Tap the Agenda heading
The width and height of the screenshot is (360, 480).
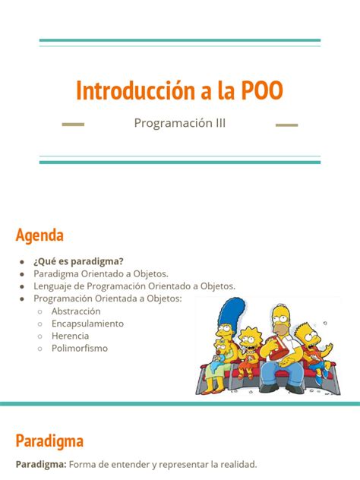coord(39,234)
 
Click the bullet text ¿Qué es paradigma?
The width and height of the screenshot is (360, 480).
coord(78,261)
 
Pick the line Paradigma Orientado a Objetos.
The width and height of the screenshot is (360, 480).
coord(100,273)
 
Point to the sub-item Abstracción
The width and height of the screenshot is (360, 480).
coord(76,311)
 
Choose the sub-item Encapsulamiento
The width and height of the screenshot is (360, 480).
coord(87,323)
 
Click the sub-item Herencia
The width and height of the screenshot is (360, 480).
coord(70,336)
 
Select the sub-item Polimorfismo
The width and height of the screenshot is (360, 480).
coord(80,348)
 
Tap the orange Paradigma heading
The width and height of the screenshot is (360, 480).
coord(49,441)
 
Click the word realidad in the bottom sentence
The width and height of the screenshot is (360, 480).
coord(236,464)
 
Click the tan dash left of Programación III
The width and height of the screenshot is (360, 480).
coord(71,124)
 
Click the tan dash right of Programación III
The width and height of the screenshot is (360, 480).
coord(286,124)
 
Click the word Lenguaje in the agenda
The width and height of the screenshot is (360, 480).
coord(54,286)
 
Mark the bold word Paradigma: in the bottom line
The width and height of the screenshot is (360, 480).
coord(40,464)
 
